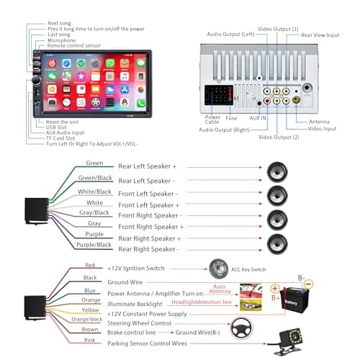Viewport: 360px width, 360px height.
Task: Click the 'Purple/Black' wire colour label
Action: (95, 244)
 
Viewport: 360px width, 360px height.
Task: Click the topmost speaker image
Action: (276, 172)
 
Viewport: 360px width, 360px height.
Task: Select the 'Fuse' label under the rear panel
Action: (231, 117)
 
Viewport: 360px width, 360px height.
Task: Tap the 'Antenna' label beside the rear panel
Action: (320, 122)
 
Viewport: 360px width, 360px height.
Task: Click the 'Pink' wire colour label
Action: (91, 340)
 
